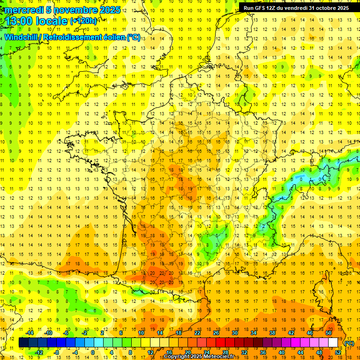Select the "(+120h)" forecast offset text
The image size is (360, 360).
point(83,21)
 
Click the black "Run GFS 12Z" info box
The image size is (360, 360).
point(296,7)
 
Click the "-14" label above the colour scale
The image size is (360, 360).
point(30,333)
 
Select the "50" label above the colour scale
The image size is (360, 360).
point(329,333)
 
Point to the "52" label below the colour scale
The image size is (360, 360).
point(338,352)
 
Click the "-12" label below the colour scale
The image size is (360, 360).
point(39,352)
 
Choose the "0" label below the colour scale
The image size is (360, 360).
point(93,352)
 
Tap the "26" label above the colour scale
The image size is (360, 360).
point(216,333)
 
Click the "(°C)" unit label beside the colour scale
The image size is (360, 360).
point(349,343)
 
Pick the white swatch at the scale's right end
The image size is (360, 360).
point(333,343)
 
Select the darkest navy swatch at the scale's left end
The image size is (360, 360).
point(23,343)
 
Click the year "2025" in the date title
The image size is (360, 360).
point(110,10)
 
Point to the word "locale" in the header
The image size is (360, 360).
point(53,21)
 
